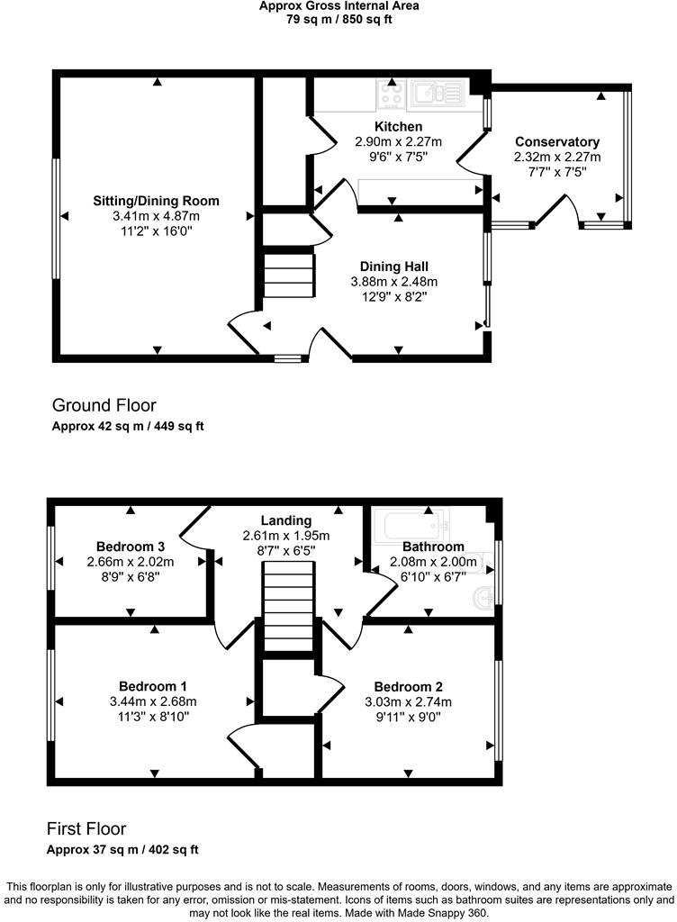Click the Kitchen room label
(x=398, y=127)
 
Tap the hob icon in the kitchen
(x=390, y=94)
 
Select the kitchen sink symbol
(x=436, y=93)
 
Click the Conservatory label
(x=557, y=142)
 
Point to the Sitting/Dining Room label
(x=156, y=201)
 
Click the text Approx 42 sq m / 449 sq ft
(x=128, y=426)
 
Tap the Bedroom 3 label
(x=130, y=547)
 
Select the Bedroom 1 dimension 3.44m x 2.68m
(x=153, y=701)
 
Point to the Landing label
(x=286, y=520)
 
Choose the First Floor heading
(x=86, y=828)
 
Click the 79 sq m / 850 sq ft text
(x=338, y=18)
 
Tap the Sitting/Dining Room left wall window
(x=55, y=219)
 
